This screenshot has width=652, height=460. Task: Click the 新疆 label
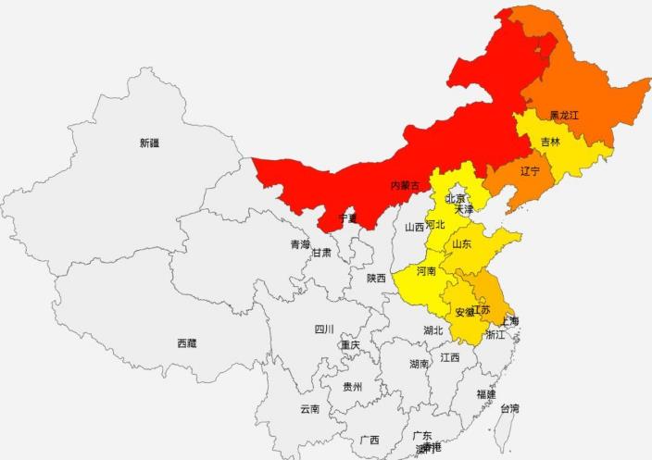[x=149, y=143]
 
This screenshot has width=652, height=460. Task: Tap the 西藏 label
[x=187, y=342]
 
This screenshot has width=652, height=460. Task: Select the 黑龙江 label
[x=563, y=116]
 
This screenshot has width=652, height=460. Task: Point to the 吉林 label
[x=550, y=143]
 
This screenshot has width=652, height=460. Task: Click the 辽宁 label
[x=530, y=171]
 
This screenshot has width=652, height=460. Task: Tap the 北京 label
[x=455, y=198]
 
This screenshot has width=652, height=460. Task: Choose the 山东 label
[x=461, y=244]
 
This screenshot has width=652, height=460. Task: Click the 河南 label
[x=426, y=272]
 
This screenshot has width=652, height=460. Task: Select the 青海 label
[x=300, y=245]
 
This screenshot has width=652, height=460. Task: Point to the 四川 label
[x=323, y=329]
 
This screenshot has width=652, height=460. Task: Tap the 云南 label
[x=309, y=408]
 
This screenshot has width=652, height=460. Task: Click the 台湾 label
[x=510, y=408]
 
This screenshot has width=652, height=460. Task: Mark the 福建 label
[x=486, y=393]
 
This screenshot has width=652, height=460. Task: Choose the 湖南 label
[x=419, y=364]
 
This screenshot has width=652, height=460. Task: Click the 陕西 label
[x=376, y=278]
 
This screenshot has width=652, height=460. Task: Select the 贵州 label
[x=352, y=387]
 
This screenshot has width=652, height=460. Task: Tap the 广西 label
[x=370, y=440]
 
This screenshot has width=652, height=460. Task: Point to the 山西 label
[x=414, y=227]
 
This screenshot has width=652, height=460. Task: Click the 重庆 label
[x=349, y=345]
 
